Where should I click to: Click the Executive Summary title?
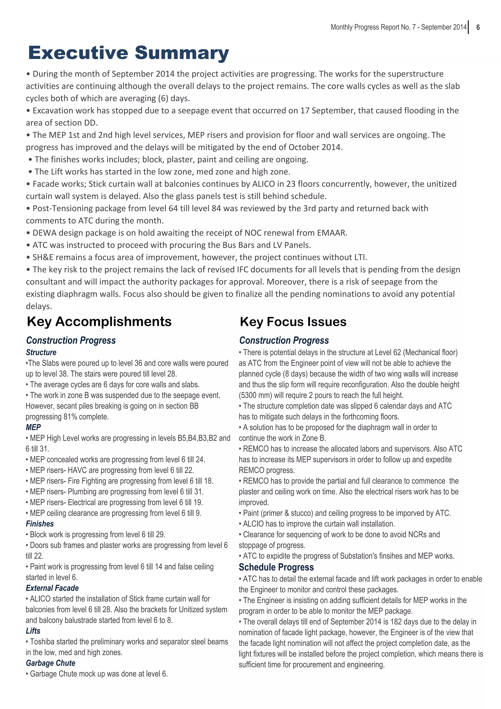pos(128,53)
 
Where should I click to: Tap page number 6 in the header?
pos(478,27)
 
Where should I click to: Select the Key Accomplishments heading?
pos(99,322)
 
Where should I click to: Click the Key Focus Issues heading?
pos(293,322)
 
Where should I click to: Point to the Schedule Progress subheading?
pos(276,567)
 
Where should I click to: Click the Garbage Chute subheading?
pos(51,663)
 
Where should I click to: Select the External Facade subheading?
pos(52,588)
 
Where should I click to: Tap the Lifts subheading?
pos(33,631)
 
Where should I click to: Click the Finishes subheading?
pos(40,524)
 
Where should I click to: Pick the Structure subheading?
pos(41,352)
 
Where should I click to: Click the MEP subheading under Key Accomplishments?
pos(33,427)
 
